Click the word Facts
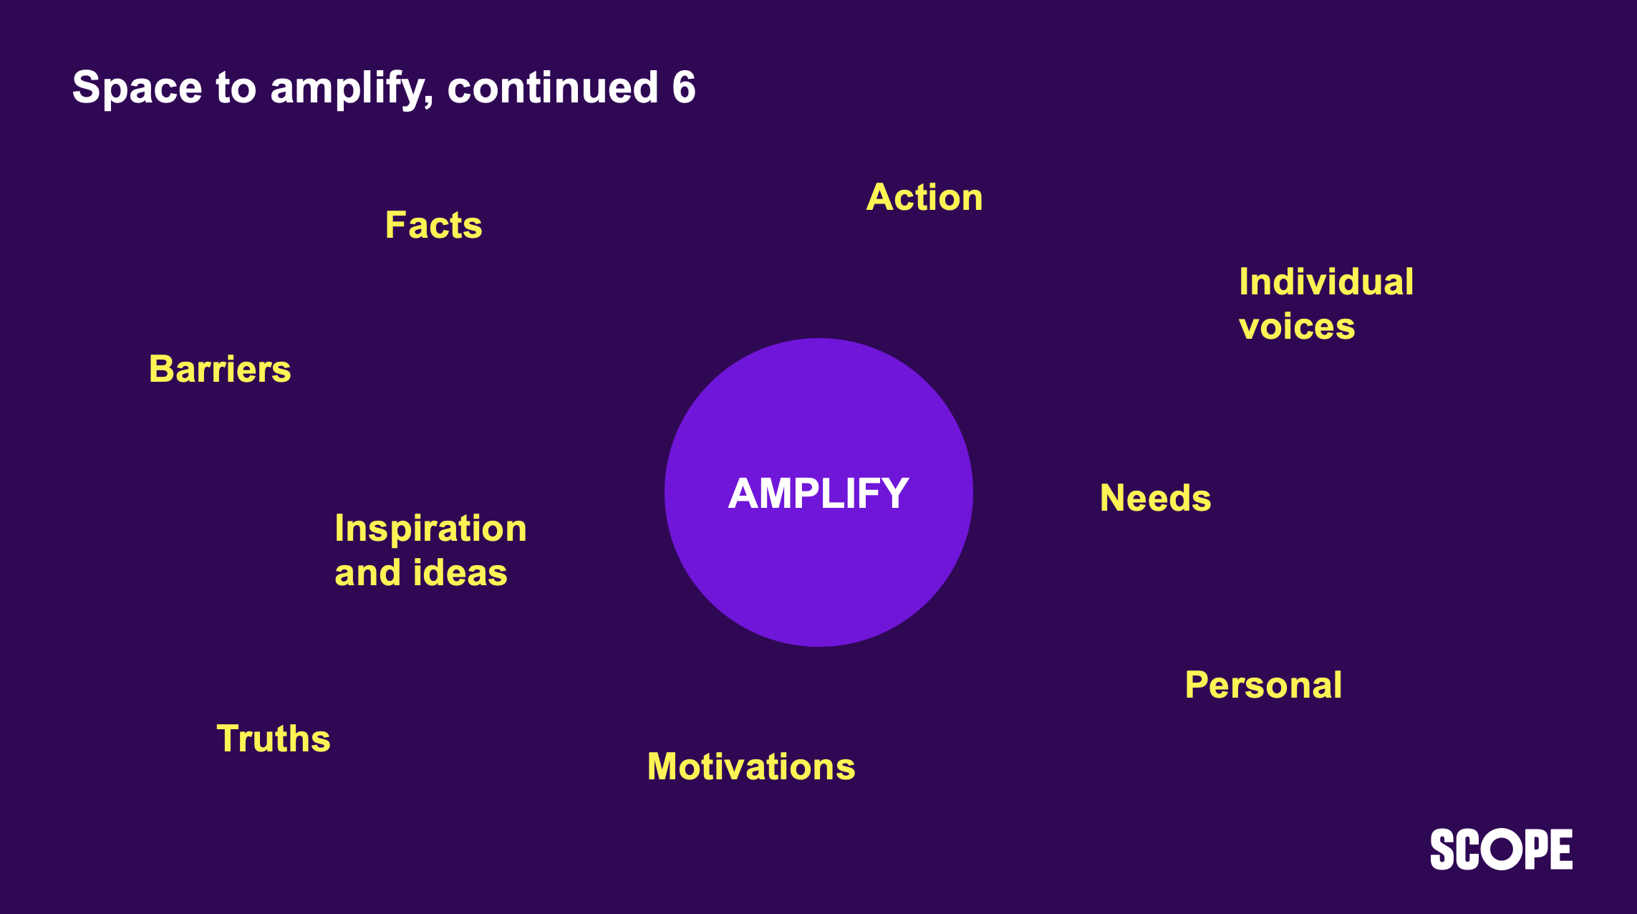433,225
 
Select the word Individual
1325,282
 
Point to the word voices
1296,327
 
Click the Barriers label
220,370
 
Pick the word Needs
1155,498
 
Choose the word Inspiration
430,529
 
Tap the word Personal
1263,685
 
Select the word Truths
274,739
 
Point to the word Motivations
751,766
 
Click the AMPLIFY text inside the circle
818,494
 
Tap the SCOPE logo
1501,850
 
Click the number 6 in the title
684,87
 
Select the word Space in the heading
137,87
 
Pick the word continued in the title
552,87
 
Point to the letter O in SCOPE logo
1501,850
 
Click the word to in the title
236,87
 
